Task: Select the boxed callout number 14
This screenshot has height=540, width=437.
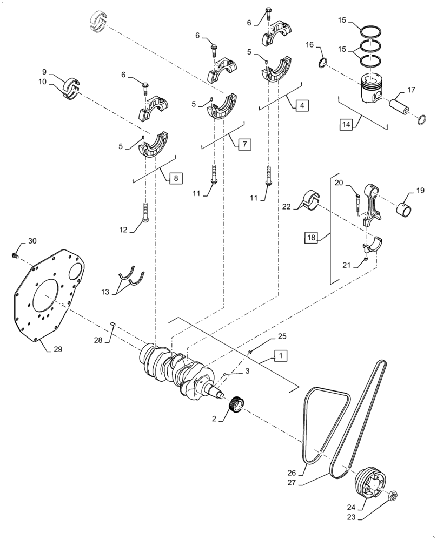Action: (x=346, y=125)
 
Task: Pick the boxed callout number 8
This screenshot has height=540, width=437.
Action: (x=176, y=177)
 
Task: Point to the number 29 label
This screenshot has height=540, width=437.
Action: (x=58, y=349)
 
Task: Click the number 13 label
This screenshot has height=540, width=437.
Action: (x=105, y=292)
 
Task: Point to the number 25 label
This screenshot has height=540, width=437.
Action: (x=282, y=336)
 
